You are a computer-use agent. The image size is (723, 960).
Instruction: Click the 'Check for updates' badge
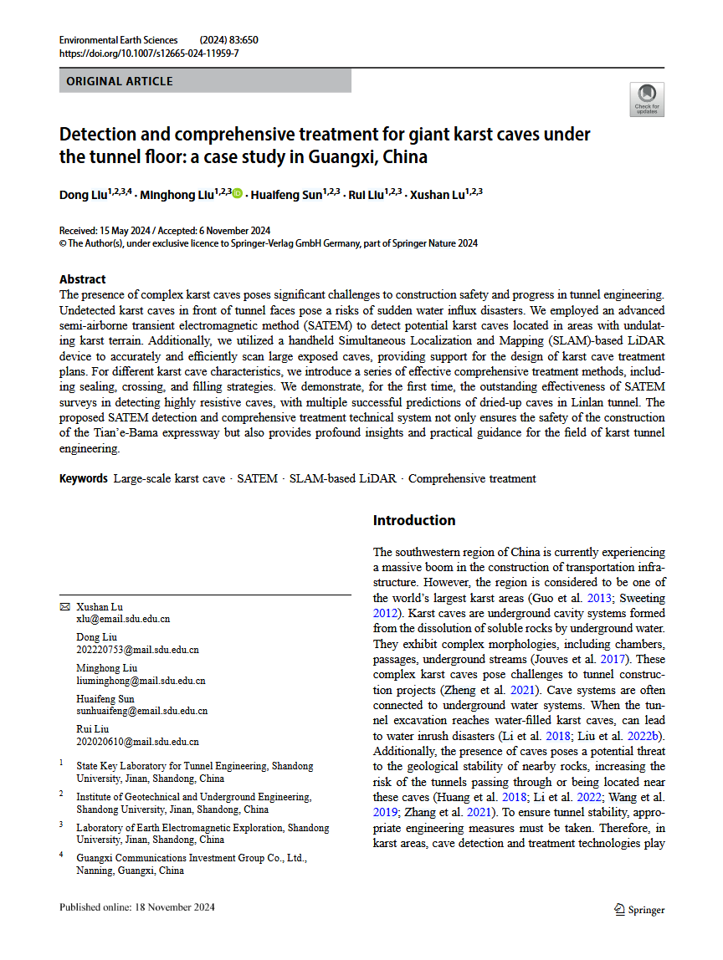[647, 99]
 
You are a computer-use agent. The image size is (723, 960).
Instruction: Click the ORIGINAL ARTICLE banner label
[120, 81]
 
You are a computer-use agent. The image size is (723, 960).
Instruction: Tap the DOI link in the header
[149, 54]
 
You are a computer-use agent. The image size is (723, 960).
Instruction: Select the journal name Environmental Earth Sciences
[119, 40]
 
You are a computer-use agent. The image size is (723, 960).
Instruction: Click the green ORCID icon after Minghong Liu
[238, 195]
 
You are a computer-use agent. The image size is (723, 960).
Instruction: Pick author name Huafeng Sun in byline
[286, 195]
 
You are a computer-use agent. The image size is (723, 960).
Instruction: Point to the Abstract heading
[83, 279]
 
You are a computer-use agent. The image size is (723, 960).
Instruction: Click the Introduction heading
[414, 520]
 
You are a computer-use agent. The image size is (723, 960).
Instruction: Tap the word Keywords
[84, 478]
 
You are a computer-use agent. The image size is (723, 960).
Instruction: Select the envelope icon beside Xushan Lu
[64, 606]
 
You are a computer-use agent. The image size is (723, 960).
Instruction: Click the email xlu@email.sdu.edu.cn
[123, 619]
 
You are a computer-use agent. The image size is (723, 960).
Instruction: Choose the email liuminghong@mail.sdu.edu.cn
[141, 681]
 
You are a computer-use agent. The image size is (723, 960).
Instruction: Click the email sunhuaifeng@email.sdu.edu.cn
[141, 711]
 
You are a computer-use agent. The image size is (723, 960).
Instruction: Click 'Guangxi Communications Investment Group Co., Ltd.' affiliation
[192, 857]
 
